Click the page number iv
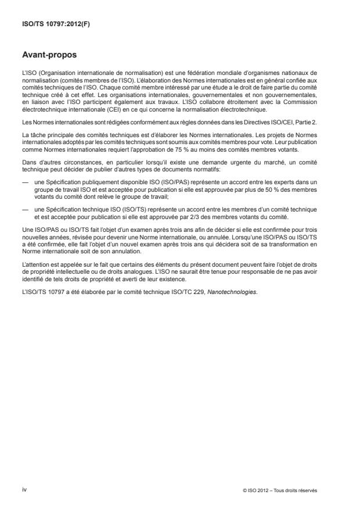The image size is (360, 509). pos(24,489)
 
